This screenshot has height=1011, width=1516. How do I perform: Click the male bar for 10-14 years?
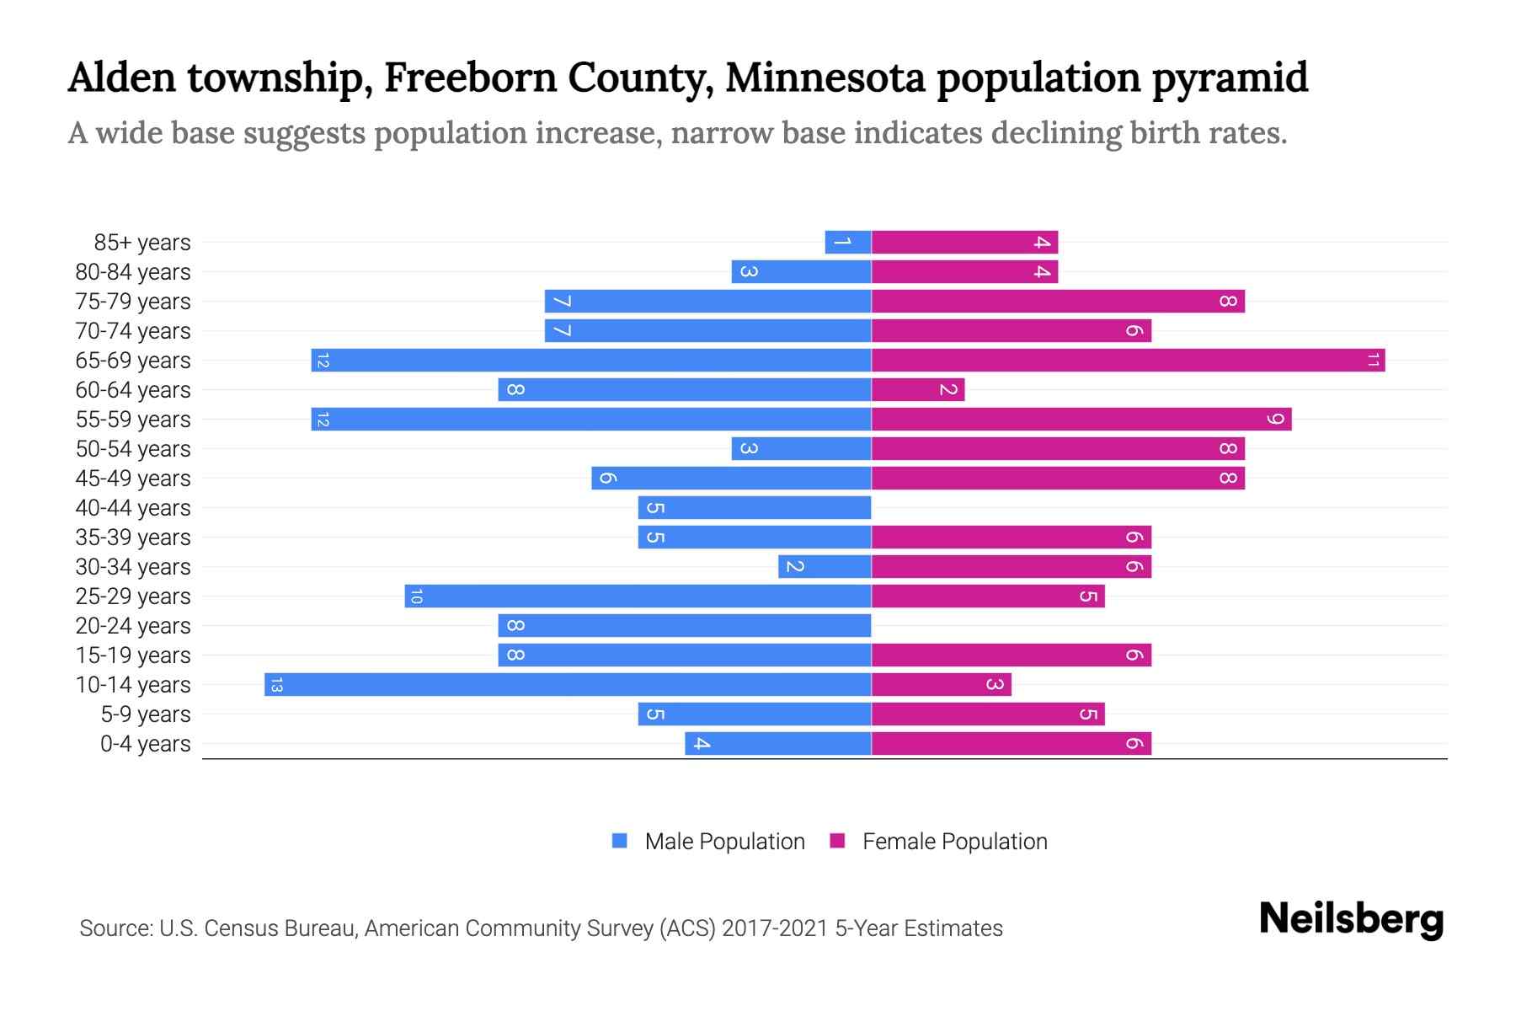pos(568,684)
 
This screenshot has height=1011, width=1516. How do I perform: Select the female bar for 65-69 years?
pos(1128,361)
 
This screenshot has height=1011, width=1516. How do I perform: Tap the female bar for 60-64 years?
pos(917,390)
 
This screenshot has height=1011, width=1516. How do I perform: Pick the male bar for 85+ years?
pos(847,243)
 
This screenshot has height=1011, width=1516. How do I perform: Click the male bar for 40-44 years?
pos(754,508)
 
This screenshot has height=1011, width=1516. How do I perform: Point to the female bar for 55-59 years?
pos(1081,420)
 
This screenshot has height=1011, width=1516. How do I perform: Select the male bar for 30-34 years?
pos(824,567)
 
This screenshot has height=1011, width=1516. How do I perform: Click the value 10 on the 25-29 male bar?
pos(415,596)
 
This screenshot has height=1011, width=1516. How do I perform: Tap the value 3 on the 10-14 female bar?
pos(995,684)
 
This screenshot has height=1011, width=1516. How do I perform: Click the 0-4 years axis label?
pos(145,744)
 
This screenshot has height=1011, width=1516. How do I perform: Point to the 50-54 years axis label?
pos(133,449)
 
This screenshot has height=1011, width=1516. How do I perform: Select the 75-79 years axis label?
pos(133,302)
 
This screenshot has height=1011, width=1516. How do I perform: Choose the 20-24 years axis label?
pos(133,626)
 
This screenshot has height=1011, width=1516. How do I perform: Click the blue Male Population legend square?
pos(620,841)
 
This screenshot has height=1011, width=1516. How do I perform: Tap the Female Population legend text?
pos(954,842)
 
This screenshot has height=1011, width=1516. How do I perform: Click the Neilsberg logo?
pos(1351,918)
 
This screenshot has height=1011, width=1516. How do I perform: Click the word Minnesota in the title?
pos(825,78)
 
